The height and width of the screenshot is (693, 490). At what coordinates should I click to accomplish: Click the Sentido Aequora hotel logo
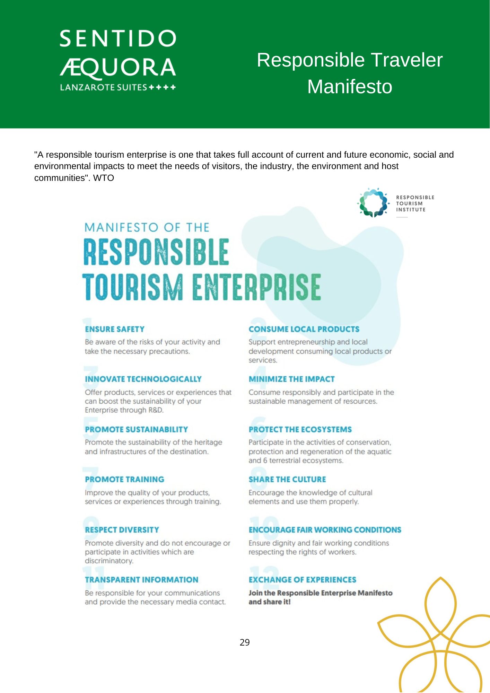118,60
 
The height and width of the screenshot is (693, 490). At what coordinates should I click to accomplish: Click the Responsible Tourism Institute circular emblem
373,203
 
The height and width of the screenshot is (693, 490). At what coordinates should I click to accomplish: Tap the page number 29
245,642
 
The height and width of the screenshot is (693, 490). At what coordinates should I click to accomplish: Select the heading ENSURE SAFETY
115,329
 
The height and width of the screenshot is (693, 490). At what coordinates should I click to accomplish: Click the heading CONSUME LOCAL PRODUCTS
304,329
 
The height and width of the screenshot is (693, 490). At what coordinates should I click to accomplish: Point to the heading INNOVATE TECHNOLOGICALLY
143,379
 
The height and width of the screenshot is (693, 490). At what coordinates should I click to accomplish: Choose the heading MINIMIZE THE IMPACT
291,379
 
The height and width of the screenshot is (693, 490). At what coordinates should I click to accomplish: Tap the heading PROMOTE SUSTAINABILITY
136,429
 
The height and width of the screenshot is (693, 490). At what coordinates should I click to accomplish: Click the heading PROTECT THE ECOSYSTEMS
300,429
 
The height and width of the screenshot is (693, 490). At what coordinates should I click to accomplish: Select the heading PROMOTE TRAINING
124,479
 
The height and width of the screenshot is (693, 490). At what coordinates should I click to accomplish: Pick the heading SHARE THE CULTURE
287,479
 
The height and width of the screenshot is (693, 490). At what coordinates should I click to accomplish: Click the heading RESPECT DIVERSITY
122,530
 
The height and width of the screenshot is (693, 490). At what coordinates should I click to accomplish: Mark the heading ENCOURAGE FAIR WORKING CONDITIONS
325,530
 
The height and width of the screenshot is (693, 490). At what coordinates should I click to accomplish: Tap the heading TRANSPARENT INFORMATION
141,580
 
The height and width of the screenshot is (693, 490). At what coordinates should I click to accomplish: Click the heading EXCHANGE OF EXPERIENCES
302,580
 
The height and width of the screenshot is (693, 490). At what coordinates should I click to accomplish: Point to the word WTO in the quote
103,178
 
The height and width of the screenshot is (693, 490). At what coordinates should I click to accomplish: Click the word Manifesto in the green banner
350,87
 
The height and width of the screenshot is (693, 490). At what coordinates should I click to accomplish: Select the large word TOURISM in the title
132,287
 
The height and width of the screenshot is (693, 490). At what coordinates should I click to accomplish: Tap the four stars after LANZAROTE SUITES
162,87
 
